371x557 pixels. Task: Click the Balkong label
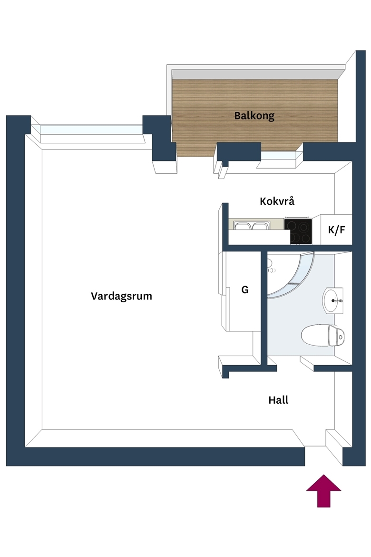pos(254,116)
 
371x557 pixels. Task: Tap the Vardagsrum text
pos(121,296)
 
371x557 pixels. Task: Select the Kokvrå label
pos(277,201)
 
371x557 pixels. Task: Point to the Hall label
pos(278,400)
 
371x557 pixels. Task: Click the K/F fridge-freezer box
pos(336,229)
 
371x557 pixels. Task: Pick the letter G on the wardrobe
pos(245,290)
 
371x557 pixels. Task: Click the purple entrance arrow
pos(323,490)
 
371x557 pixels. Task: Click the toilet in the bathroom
pos(322,335)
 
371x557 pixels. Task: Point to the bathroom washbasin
pos(333,301)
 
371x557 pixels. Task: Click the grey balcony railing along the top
pos(255,72)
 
